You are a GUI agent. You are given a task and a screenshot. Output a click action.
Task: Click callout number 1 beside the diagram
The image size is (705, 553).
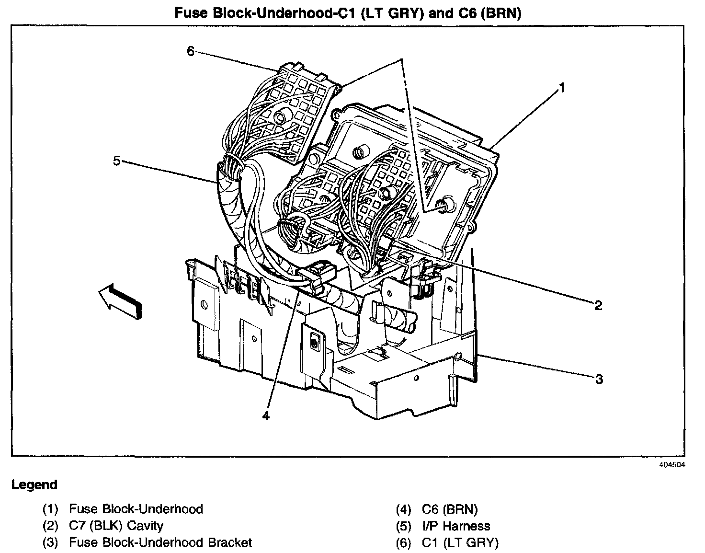(563, 88)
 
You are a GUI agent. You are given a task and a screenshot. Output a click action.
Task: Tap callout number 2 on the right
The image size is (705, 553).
(598, 305)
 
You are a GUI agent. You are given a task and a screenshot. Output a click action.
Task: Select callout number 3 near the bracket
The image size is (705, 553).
(599, 379)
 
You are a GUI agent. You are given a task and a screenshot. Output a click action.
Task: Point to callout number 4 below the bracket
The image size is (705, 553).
(266, 415)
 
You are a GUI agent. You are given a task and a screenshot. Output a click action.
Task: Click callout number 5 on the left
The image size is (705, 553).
(117, 161)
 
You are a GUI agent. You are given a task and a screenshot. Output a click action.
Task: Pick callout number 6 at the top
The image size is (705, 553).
(191, 51)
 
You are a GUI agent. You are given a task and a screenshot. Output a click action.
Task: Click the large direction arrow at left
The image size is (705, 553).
(119, 300)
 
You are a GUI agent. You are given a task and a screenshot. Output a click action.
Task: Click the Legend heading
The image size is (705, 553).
(34, 485)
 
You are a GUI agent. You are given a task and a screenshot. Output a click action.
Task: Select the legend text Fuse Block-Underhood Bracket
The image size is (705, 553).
(160, 542)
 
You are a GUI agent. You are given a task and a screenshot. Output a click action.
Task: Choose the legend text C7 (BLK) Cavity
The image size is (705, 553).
(116, 526)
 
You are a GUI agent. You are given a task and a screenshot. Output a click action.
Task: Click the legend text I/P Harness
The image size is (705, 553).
(456, 526)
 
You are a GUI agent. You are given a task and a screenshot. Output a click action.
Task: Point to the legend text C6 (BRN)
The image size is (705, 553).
(450, 509)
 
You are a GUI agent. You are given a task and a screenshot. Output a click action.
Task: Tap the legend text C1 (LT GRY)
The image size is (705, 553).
(460, 542)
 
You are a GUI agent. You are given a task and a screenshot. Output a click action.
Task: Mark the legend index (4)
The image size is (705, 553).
(404, 509)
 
